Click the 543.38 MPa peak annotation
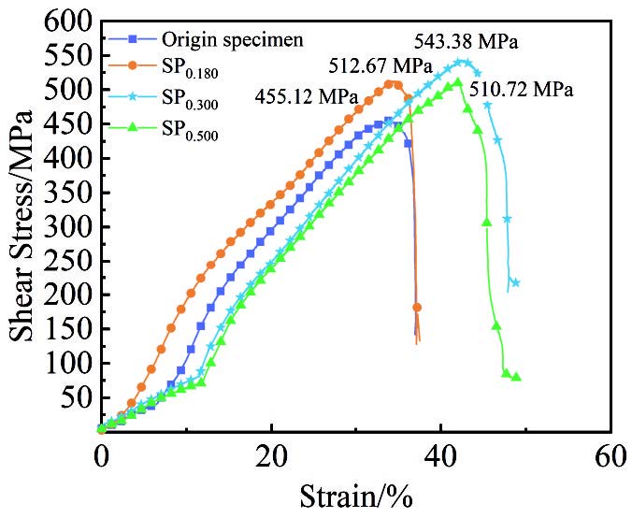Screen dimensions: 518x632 click(x=466, y=42)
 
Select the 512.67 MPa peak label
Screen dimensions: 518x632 click(x=380, y=66)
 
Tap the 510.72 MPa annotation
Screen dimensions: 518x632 click(x=522, y=90)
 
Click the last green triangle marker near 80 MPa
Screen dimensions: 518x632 click(x=516, y=377)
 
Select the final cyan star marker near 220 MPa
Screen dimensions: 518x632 click(x=515, y=282)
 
